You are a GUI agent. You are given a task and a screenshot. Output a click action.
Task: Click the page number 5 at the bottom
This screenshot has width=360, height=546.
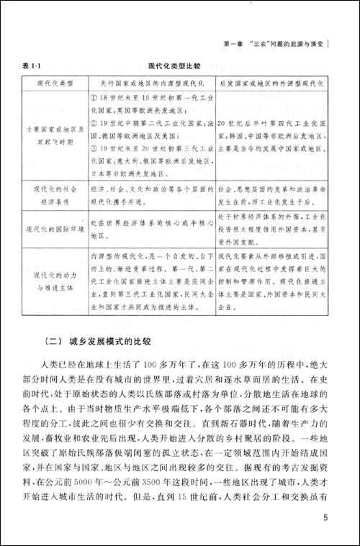pos(326,519)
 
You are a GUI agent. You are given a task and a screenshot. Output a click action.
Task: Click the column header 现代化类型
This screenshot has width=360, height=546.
pos(55,83)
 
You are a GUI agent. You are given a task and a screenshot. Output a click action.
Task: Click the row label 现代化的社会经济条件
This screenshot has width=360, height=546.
pos(55,192)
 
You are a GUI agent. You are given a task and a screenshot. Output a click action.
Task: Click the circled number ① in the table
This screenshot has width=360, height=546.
pos(95,96)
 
